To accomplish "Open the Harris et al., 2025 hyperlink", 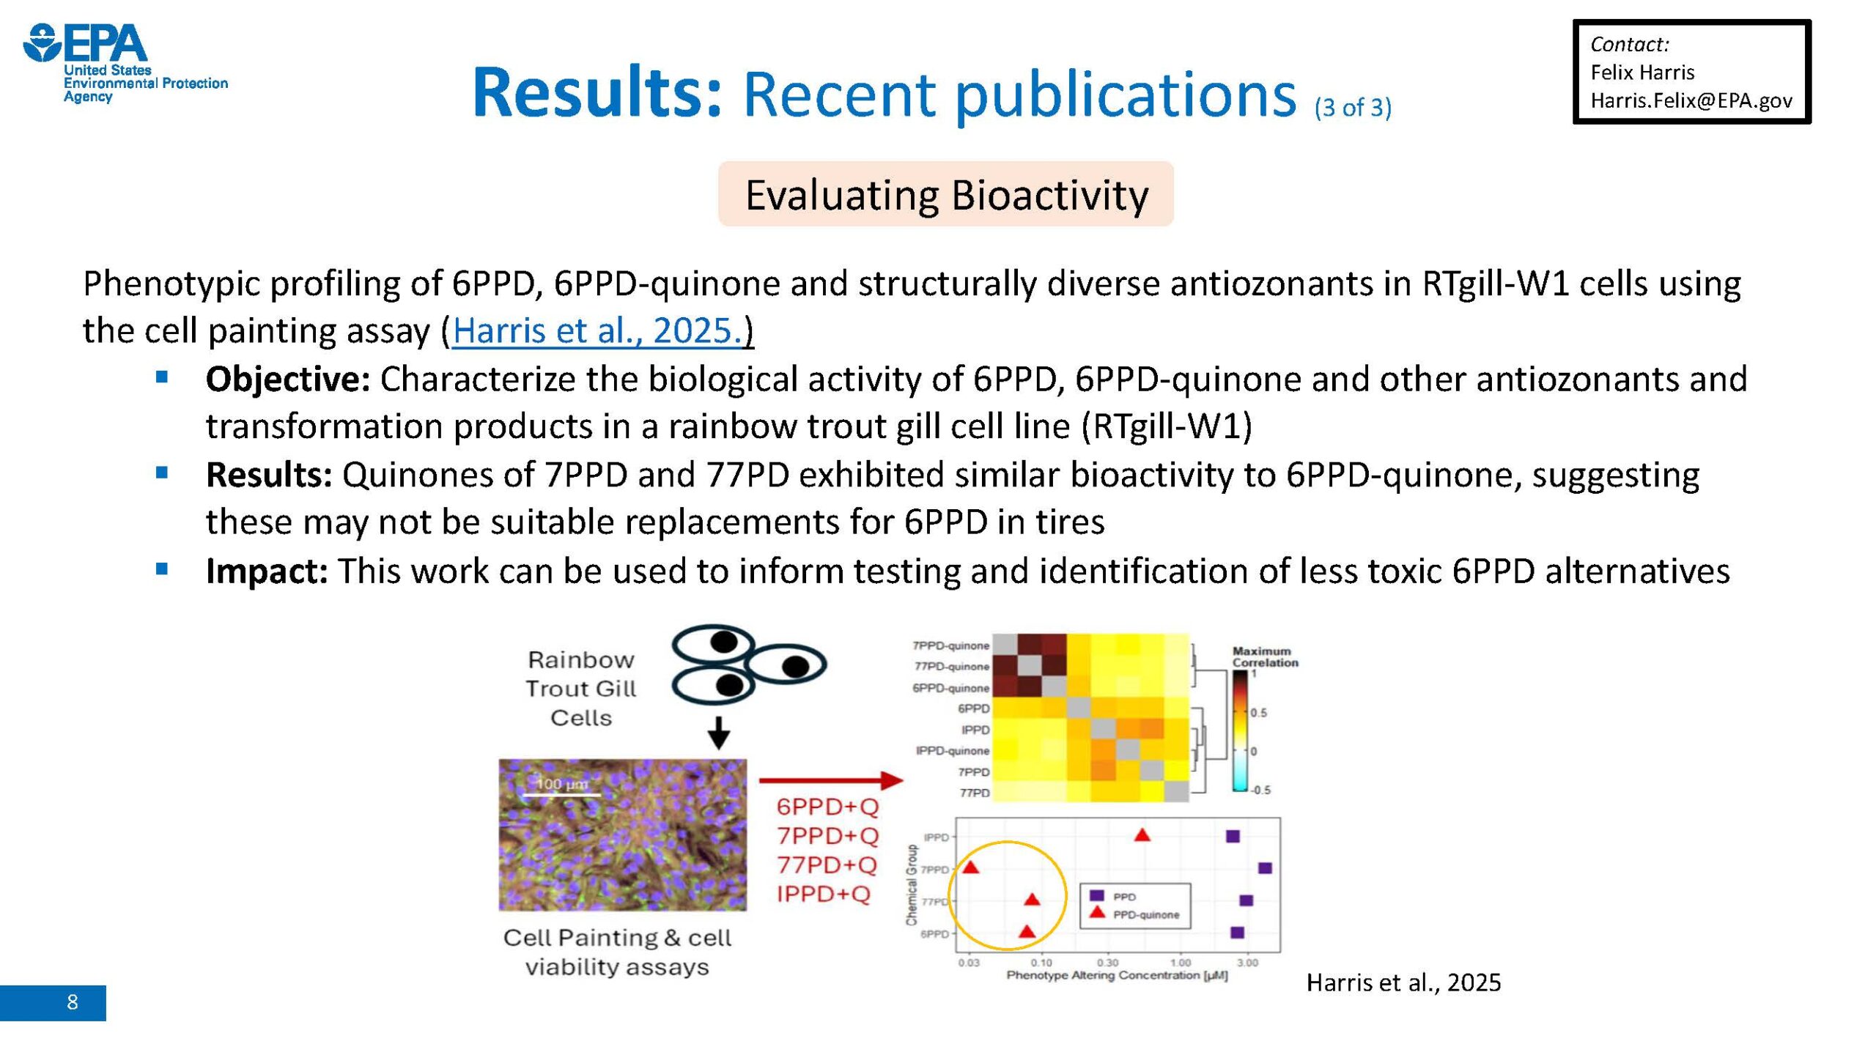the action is [598, 330].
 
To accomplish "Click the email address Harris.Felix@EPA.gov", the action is [1691, 100].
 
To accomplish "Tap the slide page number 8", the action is [72, 1002].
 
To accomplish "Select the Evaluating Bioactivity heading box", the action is [945, 194].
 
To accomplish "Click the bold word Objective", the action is [287, 379].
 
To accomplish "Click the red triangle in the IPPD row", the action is [1142, 834].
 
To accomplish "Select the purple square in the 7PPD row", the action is [1265, 868].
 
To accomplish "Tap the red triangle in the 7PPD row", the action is [970, 867].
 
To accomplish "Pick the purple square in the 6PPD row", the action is [1238, 933].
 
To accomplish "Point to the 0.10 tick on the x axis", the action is [1041, 962].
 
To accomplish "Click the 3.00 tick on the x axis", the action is [1247, 962].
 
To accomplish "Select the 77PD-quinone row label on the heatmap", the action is [951, 667].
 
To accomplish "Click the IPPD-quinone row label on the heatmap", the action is [952, 751].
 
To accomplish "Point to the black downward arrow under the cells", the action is [718, 733].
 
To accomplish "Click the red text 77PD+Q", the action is [827, 865].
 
